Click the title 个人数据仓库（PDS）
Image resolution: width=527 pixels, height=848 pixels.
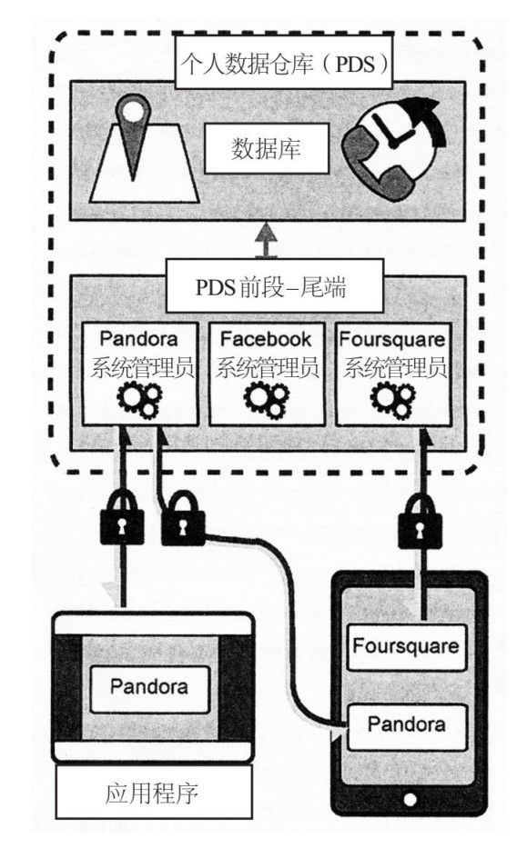click(x=284, y=65)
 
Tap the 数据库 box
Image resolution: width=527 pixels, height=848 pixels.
click(x=266, y=148)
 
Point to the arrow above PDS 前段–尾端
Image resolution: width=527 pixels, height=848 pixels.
click(x=267, y=240)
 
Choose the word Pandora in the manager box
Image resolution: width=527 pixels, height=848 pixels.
click(x=139, y=339)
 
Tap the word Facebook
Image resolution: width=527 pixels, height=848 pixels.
click(x=266, y=339)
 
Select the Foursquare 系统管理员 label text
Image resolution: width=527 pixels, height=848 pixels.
click(x=393, y=354)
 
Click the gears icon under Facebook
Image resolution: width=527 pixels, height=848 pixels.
click(x=266, y=400)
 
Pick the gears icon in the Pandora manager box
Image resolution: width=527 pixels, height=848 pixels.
click(x=140, y=400)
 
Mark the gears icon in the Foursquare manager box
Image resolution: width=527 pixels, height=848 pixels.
click(x=392, y=400)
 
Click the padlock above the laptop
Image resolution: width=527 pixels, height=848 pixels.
click(x=122, y=516)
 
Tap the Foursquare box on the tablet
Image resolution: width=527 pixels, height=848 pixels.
click(x=406, y=647)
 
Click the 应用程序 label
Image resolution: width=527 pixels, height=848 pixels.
click(x=154, y=793)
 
